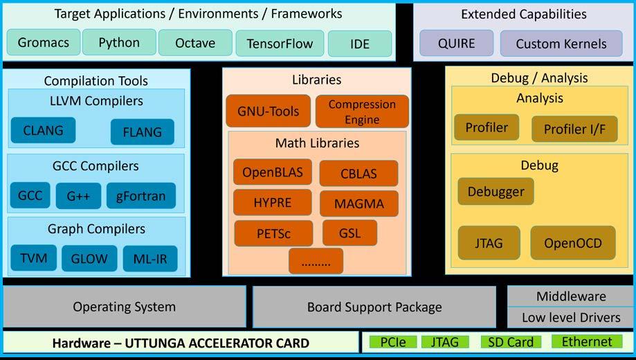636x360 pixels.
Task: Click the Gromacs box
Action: (43, 43)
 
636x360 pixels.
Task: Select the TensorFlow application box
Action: (280, 44)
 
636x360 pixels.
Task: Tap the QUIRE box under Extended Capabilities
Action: (456, 43)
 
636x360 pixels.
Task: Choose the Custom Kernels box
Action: (561, 44)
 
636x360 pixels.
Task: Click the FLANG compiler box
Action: (142, 132)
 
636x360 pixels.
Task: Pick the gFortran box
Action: (140, 196)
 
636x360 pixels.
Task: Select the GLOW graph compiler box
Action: (89, 259)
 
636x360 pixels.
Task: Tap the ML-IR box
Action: (149, 259)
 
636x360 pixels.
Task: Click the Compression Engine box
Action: (362, 111)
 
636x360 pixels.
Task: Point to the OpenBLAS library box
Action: (272, 172)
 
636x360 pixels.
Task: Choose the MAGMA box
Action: (359, 204)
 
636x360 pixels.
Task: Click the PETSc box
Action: (273, 233)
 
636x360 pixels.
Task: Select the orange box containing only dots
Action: (316, 261)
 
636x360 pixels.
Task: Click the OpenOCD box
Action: (572, 243)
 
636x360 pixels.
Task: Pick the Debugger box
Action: (496, 191)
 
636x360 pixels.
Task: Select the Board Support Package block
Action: (374, 307)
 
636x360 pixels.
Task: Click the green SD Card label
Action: (510, 342)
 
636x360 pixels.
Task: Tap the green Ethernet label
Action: (586, 341)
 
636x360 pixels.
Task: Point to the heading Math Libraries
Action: (317, 143)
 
